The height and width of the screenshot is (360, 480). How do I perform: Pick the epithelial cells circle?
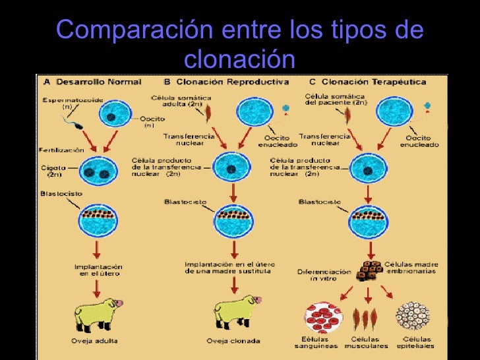(x=413, y=315)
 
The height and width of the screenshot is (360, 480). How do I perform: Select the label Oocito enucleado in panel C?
(x=419, y=141)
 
